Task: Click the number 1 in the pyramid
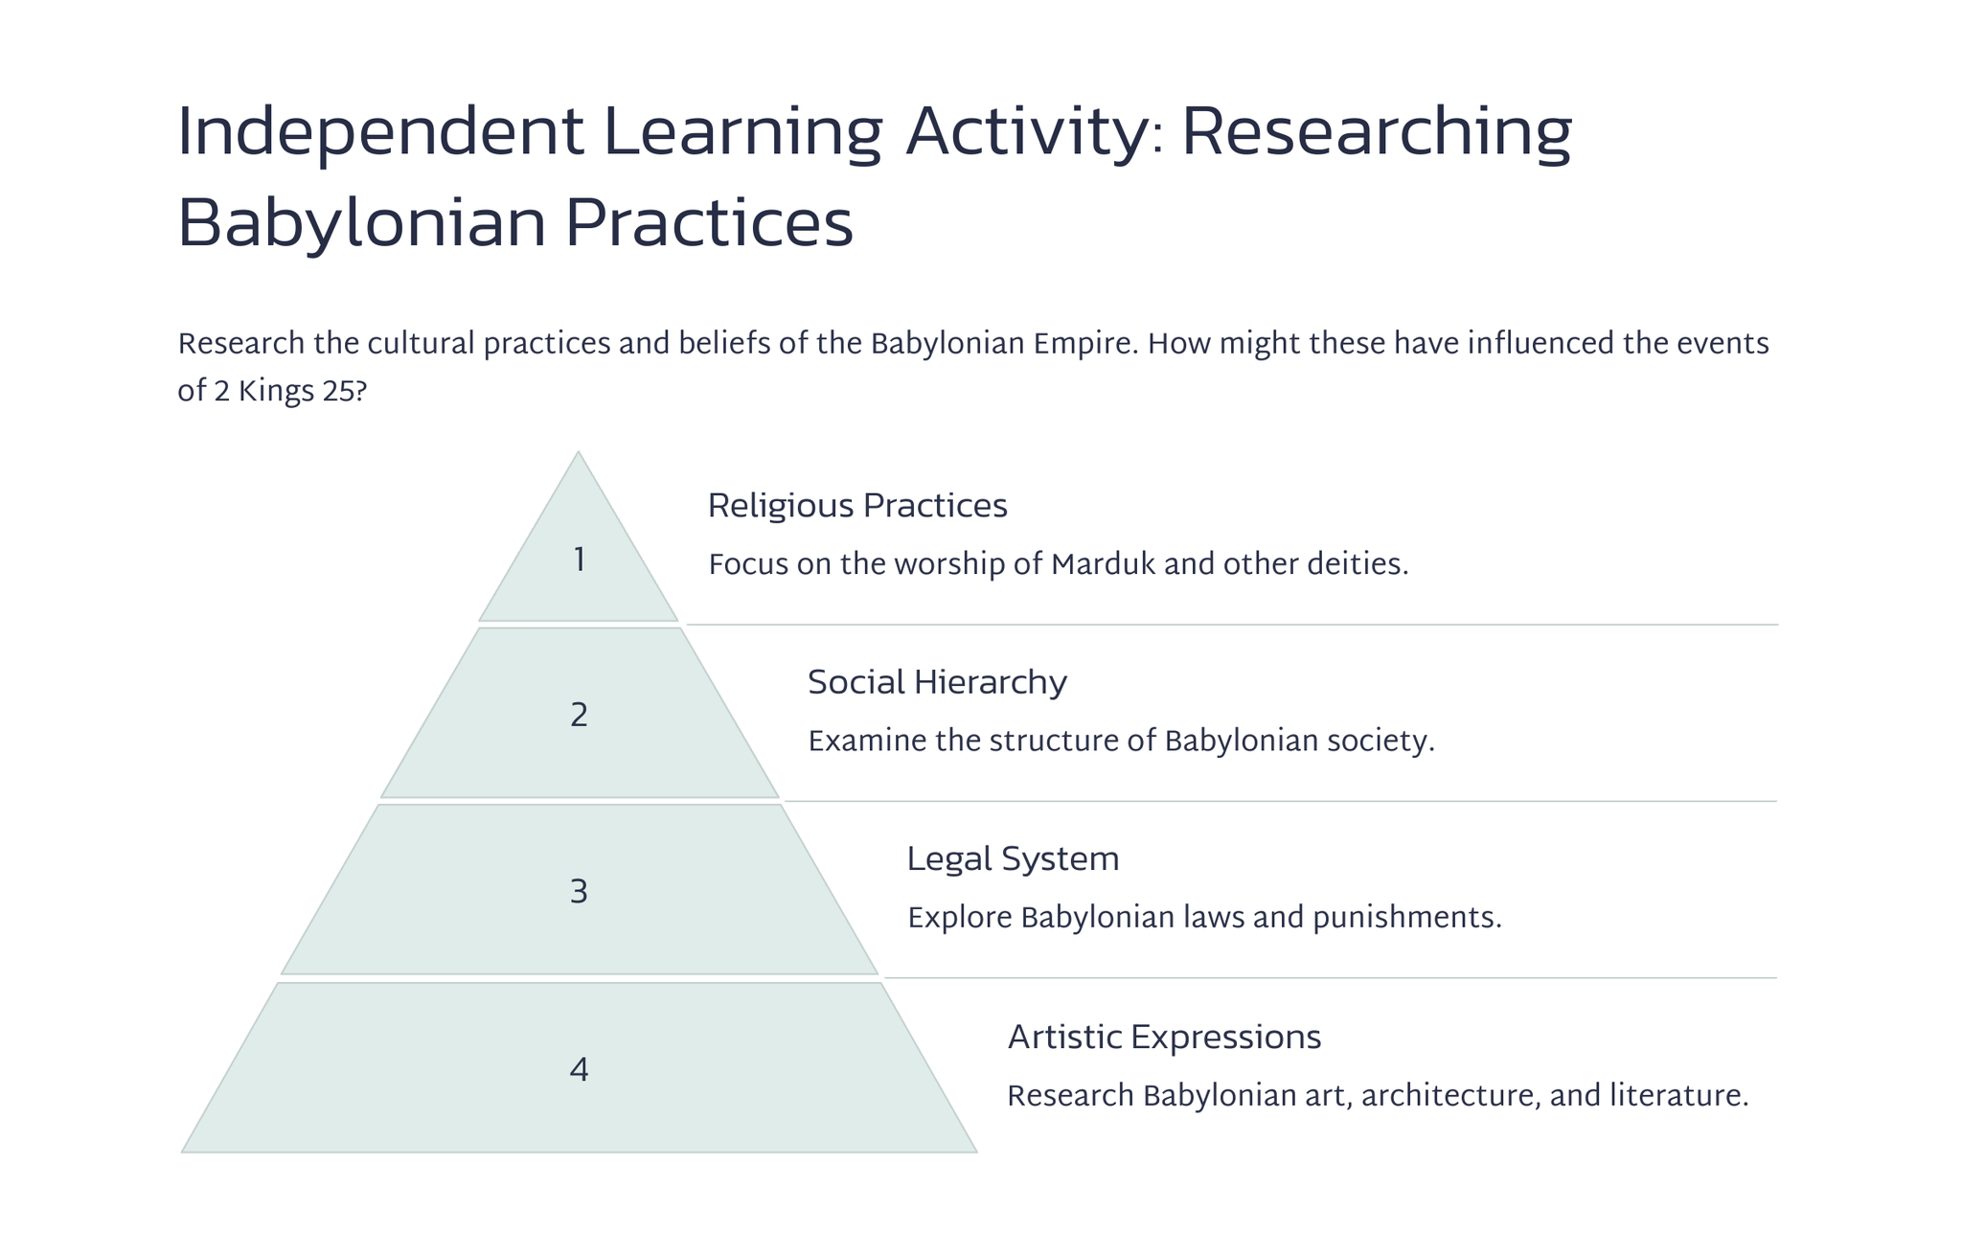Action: (579, 559)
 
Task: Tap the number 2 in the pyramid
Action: (579, 716)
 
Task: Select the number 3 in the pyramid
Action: (579, 892)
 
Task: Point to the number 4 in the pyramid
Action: (579, 1069)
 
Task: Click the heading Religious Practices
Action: (857, 506)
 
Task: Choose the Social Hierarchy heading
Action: (937, 682)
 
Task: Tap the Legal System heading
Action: (1013, 859)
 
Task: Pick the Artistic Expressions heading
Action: (1164, 1037)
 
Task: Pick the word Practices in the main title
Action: (708, 223)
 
